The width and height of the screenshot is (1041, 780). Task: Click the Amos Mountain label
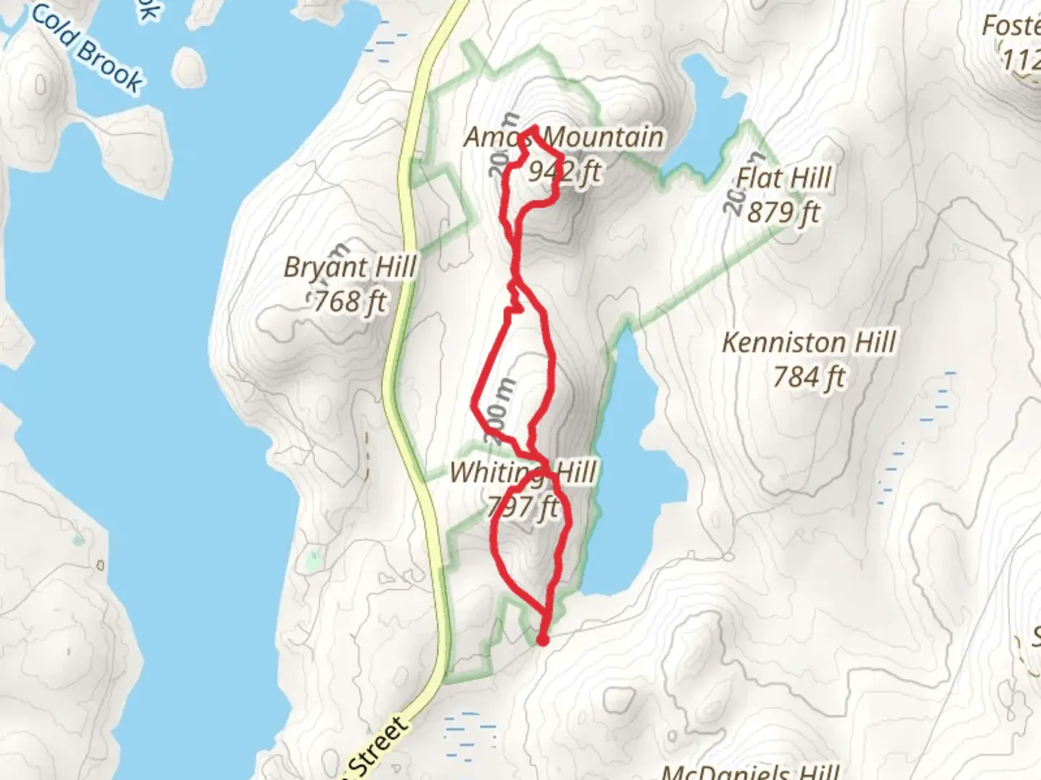(x=563, y=136)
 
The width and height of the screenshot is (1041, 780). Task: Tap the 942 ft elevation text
(x=565, y=171)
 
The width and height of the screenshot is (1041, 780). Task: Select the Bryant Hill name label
(x=350, y=266)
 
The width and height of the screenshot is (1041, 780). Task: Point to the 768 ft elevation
(x=350, y=300)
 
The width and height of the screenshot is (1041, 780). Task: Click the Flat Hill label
(x=784, y=178)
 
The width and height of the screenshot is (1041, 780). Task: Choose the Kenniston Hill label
(x=809, y=342)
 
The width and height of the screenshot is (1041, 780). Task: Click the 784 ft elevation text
(x=809, y=376)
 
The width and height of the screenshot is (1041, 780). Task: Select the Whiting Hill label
(x=523, y=472)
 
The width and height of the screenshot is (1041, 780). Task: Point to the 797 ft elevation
(x=523, y=506)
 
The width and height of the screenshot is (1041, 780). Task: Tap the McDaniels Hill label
(x=750, y=771)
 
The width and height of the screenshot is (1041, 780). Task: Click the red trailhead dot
(x=542, y=639)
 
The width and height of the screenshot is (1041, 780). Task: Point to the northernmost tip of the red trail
(x=534, y=129)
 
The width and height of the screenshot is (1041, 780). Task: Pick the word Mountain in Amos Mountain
(x=603, y=136)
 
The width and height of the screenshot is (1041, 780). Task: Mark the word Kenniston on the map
(x=784, y=342)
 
